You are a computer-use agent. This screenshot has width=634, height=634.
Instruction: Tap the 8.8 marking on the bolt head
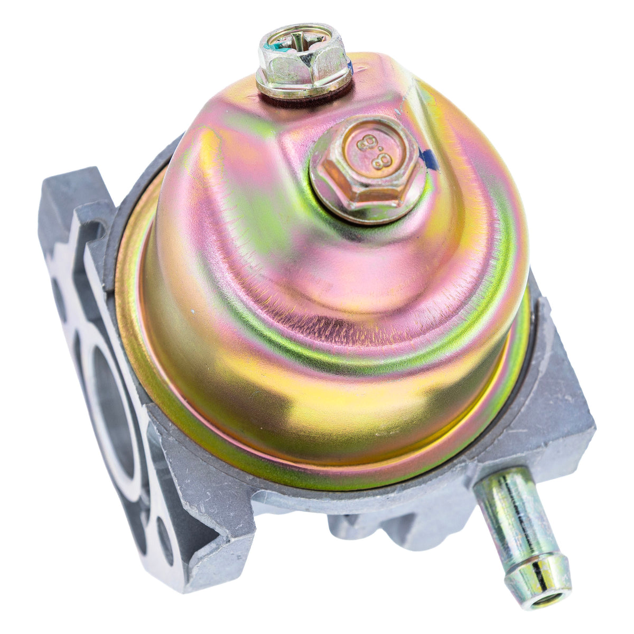pos(375,151)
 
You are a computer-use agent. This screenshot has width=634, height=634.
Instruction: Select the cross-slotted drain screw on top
pos(303,61)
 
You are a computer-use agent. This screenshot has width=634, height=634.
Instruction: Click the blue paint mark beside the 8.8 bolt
pos(431,159)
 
